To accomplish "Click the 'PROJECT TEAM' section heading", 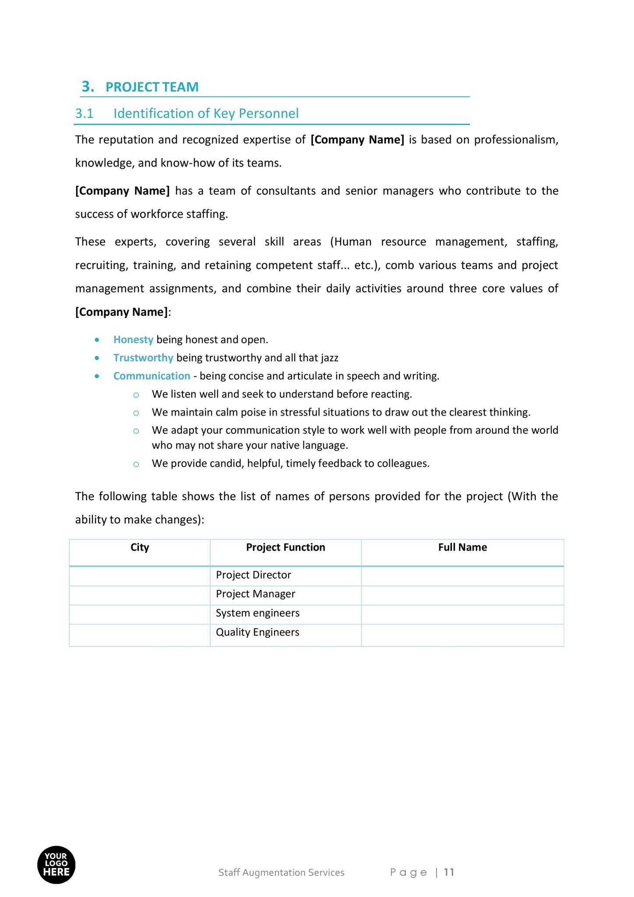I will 151,87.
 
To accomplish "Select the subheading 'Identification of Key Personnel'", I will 206,113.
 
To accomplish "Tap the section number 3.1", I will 85,113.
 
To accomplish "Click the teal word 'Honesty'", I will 133,339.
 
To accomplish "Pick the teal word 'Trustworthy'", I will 143,358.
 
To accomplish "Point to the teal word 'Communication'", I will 151,376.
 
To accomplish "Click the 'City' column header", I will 140,547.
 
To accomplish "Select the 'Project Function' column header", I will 285,547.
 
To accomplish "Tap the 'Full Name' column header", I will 462,547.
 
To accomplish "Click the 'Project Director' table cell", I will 254,575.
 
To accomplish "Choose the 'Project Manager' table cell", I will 255,594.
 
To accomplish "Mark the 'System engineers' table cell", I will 257,613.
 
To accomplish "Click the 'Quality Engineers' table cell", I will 257,632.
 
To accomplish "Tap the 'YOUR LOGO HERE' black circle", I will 56,865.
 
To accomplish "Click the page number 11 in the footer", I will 449,872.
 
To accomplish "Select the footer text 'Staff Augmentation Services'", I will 281,872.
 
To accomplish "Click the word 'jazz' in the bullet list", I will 329,358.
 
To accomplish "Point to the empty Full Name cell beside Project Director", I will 462,576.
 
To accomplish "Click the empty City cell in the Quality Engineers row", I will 140,635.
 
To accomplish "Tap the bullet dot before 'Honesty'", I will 97,340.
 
